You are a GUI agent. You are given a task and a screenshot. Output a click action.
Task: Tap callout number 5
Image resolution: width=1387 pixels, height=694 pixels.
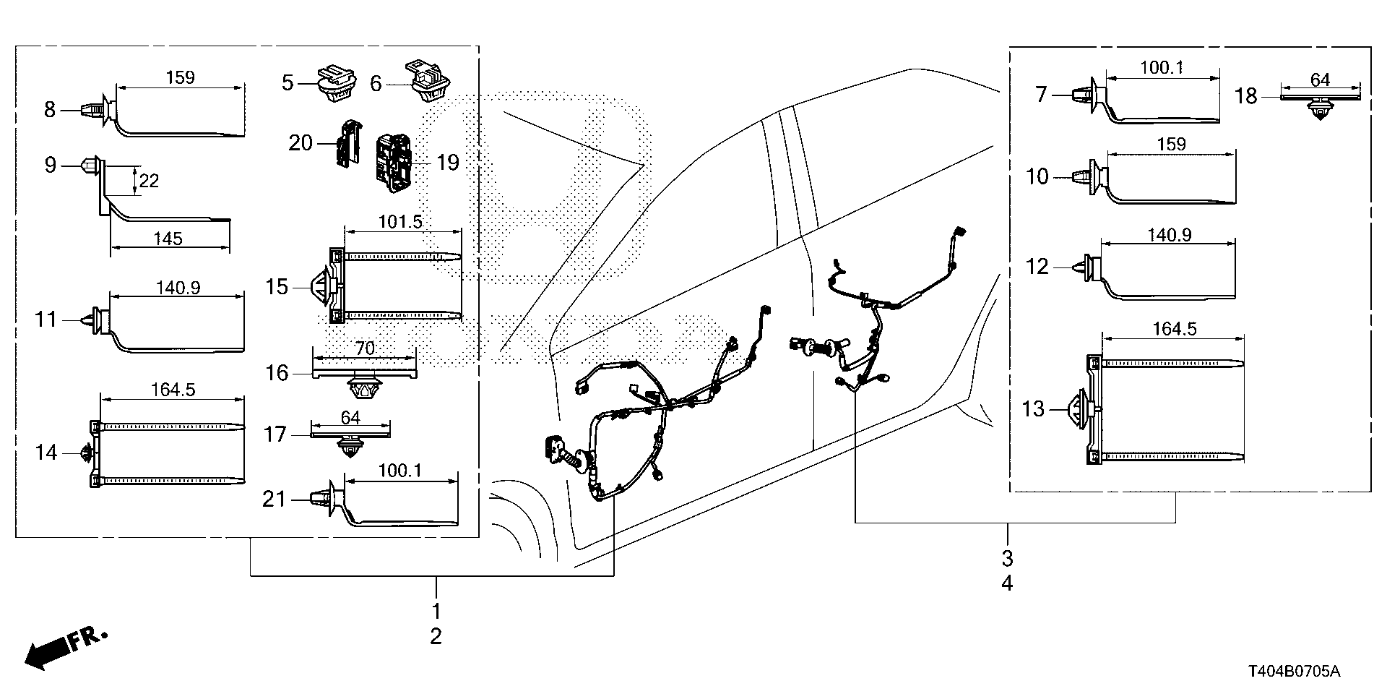point(288,82)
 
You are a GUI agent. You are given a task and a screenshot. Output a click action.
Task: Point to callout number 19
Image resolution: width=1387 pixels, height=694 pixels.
point(448,163)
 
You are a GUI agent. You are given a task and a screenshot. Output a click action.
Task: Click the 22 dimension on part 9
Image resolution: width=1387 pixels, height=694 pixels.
point(149,180)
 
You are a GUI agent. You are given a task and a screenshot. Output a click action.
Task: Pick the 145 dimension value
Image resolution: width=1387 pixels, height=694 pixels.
point(168,238)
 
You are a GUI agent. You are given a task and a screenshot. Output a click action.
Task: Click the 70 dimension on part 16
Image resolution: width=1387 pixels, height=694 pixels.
point(365,348)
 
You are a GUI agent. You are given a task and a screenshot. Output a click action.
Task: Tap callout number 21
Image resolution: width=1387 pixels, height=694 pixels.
point(274,500)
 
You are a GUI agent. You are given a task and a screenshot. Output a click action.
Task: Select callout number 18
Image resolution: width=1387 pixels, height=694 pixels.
point(1245,96)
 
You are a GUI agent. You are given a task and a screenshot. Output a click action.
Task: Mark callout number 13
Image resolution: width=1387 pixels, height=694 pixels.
point(1033,409)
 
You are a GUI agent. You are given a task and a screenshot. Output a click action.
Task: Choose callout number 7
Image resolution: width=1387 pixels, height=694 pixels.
point(1040,94)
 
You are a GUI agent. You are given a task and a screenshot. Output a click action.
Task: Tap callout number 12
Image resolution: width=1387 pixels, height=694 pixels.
point(1037,267)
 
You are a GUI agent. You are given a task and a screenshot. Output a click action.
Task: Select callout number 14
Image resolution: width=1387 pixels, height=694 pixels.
point(46,453)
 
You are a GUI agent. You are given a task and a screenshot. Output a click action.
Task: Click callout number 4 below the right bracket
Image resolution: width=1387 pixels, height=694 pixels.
point(1007,583)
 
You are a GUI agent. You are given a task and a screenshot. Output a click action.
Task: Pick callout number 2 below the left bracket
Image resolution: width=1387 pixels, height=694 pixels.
point(436,636)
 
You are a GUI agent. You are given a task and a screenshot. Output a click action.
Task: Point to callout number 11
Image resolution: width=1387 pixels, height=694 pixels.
point(46,319)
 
